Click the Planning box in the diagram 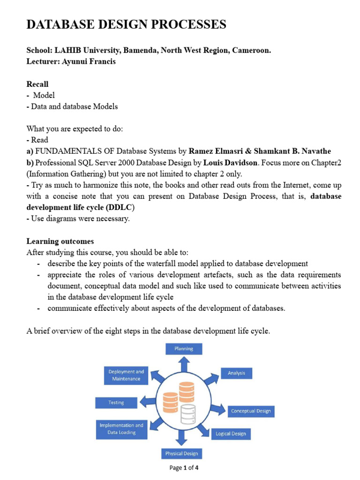point(184,349)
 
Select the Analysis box point(237,373)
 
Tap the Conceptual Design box point(250,411)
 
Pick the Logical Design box point(231,434)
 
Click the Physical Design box point(181,453)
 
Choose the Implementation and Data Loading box point(121,429)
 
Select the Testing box point(116,402)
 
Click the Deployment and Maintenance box point(126,375)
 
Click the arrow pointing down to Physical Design point(182,439)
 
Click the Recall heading point(37,84)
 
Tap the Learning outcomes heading point(60,241)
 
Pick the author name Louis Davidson point(230,163)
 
